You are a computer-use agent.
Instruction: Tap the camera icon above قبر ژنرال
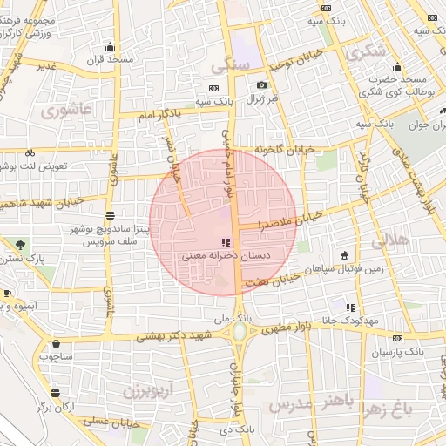click(261, 85)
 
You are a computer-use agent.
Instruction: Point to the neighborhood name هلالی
click(389, 241)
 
